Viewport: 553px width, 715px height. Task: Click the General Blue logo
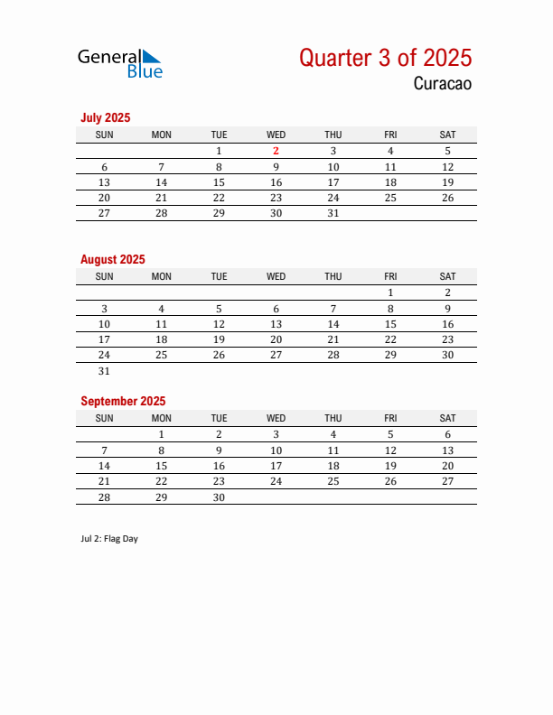119,62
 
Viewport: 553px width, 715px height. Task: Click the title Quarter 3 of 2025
385,58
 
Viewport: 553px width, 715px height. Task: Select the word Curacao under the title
443,84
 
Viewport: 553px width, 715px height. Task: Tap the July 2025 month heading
106,117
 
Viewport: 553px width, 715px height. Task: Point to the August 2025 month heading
113,259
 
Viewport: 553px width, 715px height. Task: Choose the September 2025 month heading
123,401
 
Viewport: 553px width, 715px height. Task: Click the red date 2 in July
276,151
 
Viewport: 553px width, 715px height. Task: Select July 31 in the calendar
333,213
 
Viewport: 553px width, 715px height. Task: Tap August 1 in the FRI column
390,292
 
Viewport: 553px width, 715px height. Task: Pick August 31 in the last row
104,371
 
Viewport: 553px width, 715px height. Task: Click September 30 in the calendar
219,497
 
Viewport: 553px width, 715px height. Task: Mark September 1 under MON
162,434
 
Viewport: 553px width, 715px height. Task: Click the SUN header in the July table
104,135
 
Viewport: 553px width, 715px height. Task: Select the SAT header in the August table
447,276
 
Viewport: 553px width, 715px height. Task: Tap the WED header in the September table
276,418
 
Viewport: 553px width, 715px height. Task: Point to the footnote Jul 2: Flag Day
109,539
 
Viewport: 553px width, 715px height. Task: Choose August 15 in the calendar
390,324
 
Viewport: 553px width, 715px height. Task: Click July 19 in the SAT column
447,182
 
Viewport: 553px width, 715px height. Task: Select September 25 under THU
333,481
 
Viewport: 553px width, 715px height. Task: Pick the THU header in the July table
333,135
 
